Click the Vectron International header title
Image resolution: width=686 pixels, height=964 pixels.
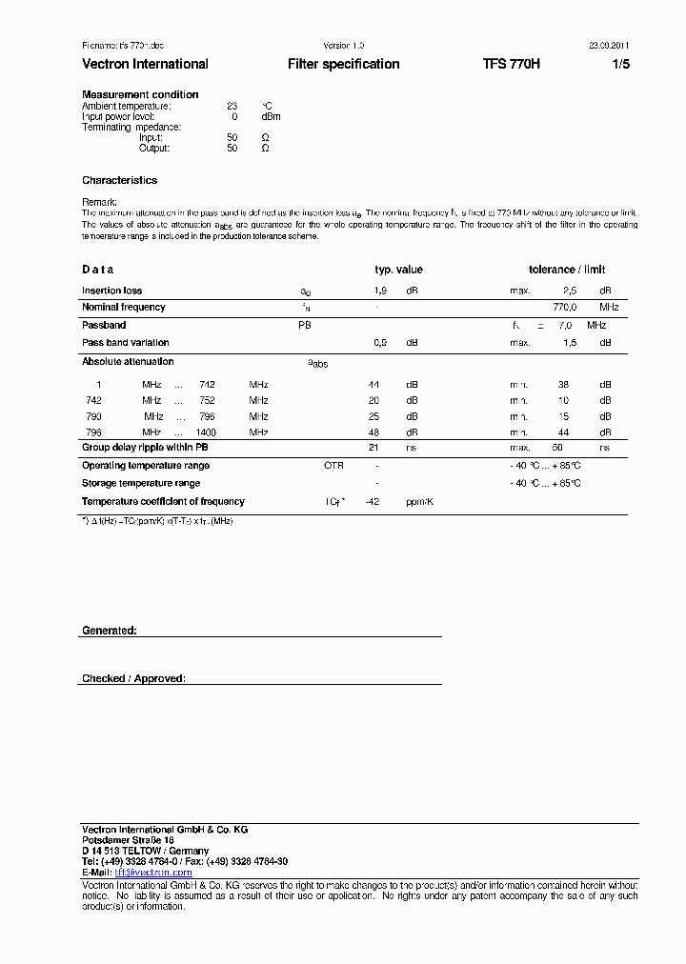[x=145, y=64]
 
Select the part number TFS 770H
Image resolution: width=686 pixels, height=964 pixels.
[x=511, y=64]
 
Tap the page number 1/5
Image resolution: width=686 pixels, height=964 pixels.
[x=620, y=64]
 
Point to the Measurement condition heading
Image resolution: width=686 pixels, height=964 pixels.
[x=140, y=94]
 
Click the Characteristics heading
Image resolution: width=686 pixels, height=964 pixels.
[x=119, y=180]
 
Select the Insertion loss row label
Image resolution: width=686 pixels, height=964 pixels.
[x=111, y=291]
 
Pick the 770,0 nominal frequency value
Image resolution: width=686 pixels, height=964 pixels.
[x=565, y=307]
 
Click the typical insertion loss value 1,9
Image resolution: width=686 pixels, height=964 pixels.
[x=379, y=291]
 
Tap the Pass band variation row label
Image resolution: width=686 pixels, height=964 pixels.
[x=125, y=342]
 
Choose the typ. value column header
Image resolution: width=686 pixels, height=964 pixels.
[x=398, y=270]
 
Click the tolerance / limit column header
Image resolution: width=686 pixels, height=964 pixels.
[x=567, y=270]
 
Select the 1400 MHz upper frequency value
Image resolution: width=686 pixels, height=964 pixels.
[x=206, y=432]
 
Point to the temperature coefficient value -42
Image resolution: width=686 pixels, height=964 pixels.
[x=373, y=501]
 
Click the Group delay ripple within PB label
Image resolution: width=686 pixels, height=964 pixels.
[x=145, y=447]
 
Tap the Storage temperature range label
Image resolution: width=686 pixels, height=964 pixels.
[x=140, y=483]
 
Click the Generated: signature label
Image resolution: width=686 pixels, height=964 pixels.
[x=110, y=631]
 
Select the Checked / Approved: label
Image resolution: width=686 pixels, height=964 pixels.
[x=133, y=678]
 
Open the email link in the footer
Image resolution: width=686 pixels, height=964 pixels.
[x=153, y=872]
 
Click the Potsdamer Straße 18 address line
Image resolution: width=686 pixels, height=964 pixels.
[x=128, y=840]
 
